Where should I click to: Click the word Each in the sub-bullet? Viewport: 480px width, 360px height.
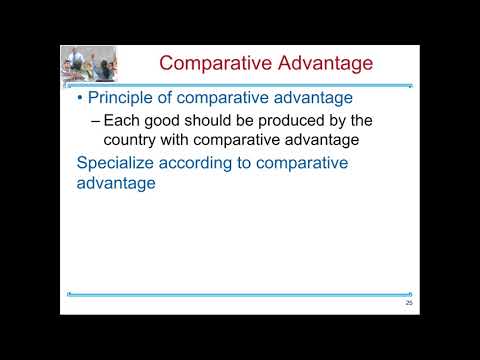123,121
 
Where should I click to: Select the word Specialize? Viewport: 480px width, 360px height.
119,163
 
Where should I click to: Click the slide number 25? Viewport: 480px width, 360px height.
409,303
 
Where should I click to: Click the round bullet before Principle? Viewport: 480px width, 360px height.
81,99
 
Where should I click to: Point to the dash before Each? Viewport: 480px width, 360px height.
96,121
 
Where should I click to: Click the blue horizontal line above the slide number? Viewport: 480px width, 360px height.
240,295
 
